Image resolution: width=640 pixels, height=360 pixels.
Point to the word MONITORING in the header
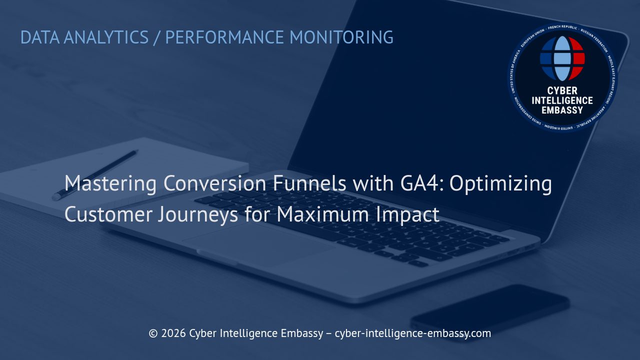click(341, 37)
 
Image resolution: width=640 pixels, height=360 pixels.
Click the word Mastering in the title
click(110, 183)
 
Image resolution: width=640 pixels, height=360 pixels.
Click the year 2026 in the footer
click(173, 333)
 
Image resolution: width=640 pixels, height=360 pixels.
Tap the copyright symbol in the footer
click(153, 333)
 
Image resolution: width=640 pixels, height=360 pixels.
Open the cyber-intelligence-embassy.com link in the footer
click(412, 333)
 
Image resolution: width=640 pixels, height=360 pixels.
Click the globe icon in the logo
click(562, 58)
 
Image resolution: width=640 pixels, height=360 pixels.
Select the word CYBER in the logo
click(562, 90)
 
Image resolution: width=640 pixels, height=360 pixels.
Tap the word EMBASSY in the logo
click(562, 109)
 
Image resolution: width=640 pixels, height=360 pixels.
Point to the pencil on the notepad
click(95, 175)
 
